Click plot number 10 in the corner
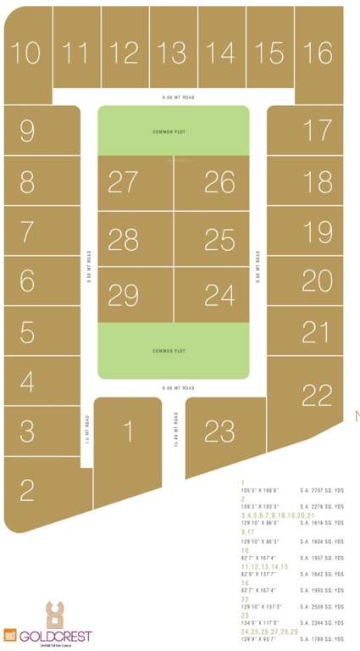(x=26, y=53)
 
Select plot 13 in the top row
(x=173, y=53)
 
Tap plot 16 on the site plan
(x=318, y=53)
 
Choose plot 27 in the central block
(x=124, y=182)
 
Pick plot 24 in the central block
(x=219, y=295)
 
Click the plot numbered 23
(x=219, y=431)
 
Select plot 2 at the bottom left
(x=27, y=490)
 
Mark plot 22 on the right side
(x=317, y=395)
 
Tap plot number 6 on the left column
(x=27, y=280)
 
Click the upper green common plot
(x=173, y=131)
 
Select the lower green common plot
(x=173, y=350)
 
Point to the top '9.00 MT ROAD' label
(x=179, y=98)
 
